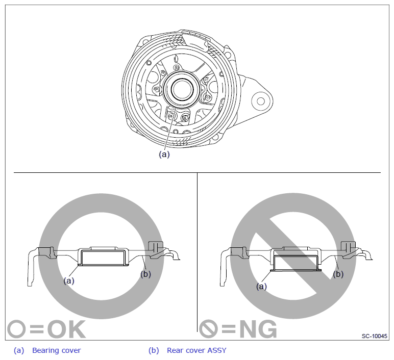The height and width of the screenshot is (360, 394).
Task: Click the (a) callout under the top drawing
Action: pos(164,154)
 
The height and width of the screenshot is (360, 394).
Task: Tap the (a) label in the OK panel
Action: pos(69,280)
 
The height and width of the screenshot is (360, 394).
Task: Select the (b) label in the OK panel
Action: pos(146,274)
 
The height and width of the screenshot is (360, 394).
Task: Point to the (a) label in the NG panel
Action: pos(261,286)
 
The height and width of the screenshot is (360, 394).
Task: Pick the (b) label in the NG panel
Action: pos(338,274)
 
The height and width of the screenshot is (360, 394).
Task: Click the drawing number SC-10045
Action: pos(375,336)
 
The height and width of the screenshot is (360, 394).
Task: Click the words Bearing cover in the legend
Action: pos(57,350)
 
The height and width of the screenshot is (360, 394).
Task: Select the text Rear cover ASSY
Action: pos(197,350)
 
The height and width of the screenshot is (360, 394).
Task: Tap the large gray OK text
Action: pos(66,329)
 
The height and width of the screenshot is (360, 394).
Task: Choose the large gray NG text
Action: pos(258,329)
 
